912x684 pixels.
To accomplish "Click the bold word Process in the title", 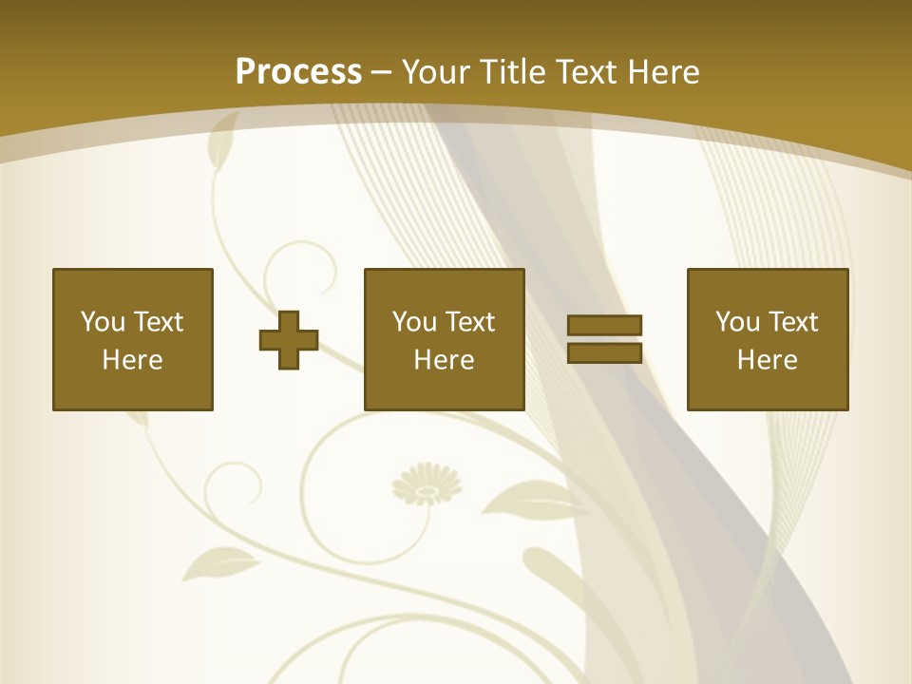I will [298, 72].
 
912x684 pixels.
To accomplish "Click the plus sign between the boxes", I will [289, 339].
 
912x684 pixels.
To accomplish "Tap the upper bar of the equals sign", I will [604, 325].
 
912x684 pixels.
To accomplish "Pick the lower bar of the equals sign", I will [604, 352].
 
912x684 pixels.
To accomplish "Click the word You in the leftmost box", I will [103, 322].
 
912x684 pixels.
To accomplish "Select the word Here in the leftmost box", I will [132, 360].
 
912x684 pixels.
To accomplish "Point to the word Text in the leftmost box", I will [158, 322].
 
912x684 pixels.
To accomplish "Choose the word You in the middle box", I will [414, 322].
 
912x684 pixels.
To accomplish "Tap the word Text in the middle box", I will [469, 322].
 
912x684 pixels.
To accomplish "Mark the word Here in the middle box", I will [444, 360].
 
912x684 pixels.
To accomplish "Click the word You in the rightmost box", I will [737, 322].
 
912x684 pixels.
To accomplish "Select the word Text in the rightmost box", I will [792, 322].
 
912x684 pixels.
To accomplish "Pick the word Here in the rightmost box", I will [767, 360].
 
